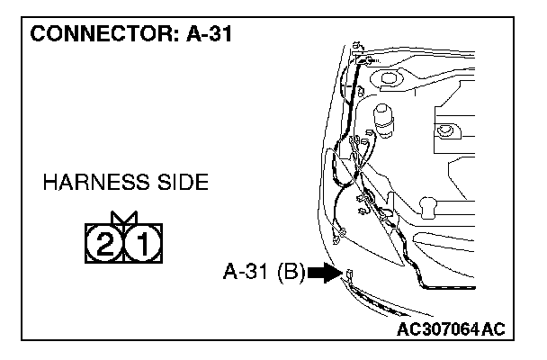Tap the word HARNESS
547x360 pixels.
[99, 184]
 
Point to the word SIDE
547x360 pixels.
[183, 184]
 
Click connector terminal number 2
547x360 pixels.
[103, 240]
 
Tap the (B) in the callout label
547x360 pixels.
[291, 272]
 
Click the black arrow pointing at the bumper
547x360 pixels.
[321, 273]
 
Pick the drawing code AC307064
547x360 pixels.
[436, 330]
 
